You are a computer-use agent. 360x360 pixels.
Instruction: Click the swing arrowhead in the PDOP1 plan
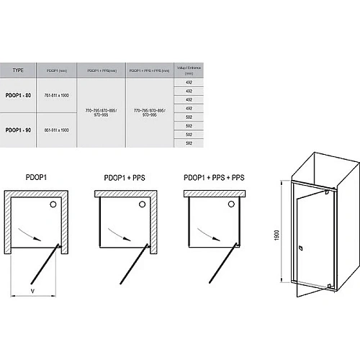(x=49, y=233)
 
